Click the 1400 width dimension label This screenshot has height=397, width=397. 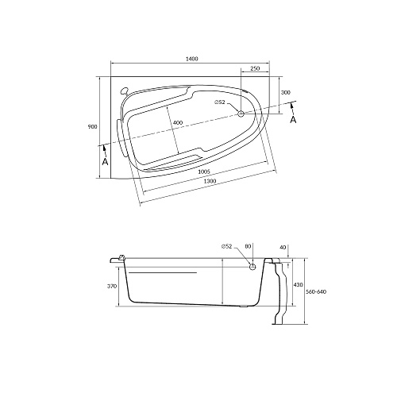(192, 59)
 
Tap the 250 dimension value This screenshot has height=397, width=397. (255, 68)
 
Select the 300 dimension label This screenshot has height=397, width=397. (286, 92)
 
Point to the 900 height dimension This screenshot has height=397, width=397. (93, 127)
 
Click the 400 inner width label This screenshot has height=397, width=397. (178, 123)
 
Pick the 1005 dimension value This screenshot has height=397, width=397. (204, 172)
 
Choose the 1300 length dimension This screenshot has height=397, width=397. (210, 181)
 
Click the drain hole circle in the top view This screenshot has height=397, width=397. (241, 114)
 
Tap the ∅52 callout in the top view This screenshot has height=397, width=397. (219, 102)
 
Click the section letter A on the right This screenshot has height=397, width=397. (293, 120)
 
